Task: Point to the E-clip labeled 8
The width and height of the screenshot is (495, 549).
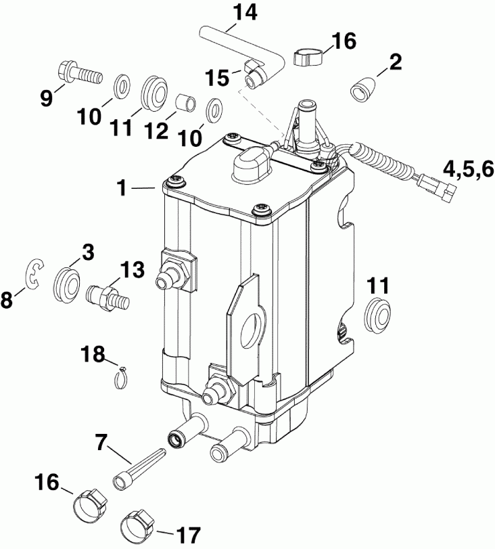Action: [32, 273]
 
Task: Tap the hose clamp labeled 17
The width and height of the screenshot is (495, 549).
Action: [136, 523]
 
